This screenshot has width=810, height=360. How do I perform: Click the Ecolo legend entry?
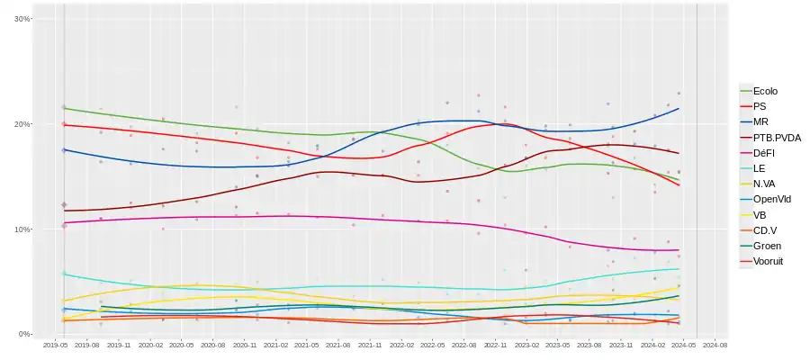pos(765,91)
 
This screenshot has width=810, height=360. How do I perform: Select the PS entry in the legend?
pos(760,106)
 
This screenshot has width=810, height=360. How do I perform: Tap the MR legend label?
pos(761,121)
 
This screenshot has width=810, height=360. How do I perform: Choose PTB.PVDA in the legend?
pos(777,137)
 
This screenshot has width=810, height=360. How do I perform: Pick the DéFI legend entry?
pos(764,153)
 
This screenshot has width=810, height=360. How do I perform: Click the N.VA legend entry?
pos(764,184)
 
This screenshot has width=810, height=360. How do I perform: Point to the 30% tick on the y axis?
pos(22,19)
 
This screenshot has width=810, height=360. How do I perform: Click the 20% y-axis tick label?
pos(22,124)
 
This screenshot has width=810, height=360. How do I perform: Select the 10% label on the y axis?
pos(22,229)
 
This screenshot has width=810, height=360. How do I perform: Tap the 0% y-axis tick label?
pos(24,334)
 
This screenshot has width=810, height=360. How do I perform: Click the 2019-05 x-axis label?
pos(56,345)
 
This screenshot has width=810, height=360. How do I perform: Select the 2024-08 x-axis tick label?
pos(715,345)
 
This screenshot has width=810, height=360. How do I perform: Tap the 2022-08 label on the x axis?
pos(463,345)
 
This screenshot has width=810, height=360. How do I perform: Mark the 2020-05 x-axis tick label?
pos(182,345)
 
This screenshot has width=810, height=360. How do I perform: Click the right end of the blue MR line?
pos(679,109)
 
